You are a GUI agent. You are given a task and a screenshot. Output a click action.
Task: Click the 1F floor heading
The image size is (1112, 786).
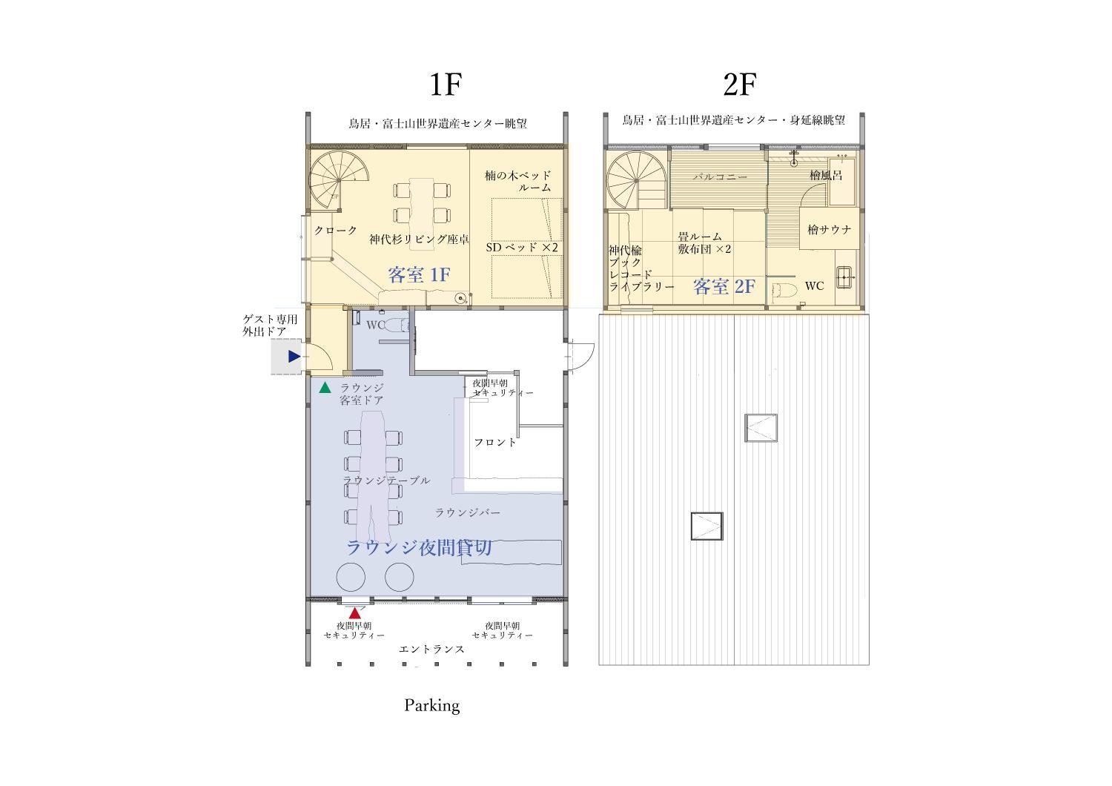[x=446, y=85]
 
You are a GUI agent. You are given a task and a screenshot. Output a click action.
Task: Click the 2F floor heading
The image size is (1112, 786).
[x=740, y=85]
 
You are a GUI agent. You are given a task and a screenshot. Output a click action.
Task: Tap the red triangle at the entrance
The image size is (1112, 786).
[x=354, y=613]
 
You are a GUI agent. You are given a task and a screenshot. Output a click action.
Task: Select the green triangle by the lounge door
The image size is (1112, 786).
[x=325, y=387]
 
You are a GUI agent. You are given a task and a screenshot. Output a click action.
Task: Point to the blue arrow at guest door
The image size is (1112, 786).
[x=294, y=356]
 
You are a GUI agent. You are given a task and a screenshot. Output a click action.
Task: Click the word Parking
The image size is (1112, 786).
[x=432, y=706]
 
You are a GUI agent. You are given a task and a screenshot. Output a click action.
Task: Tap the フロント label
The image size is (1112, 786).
[x=495, y=442]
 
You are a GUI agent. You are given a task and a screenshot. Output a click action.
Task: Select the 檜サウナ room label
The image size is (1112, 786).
[x=829, y=229]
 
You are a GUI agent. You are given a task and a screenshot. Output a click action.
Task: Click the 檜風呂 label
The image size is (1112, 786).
[x=826, y=175]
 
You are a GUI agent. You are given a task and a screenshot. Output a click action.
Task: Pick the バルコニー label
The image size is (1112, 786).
[x=721, y=176]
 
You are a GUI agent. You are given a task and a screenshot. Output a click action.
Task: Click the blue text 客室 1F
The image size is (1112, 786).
[x=419, y=274]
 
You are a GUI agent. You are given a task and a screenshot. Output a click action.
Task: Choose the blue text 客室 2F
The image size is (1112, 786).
[x=724, y=286]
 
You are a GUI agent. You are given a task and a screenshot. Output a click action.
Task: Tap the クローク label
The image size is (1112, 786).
[x=336, y=231]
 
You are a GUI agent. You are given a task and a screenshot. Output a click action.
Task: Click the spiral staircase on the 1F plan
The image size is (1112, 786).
[x=339, y=179]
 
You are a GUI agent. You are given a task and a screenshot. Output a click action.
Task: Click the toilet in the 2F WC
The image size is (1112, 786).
[x=785, y=289]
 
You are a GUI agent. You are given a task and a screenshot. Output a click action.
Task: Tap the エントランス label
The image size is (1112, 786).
[x=432, y=649]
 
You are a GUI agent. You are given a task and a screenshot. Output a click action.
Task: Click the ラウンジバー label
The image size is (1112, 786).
[x=468, y=512]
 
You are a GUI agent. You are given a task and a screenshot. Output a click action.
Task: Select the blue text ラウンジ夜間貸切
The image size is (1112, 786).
[x=419, y=548]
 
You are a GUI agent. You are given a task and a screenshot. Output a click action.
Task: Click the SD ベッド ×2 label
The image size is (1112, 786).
[x=522, y=247]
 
